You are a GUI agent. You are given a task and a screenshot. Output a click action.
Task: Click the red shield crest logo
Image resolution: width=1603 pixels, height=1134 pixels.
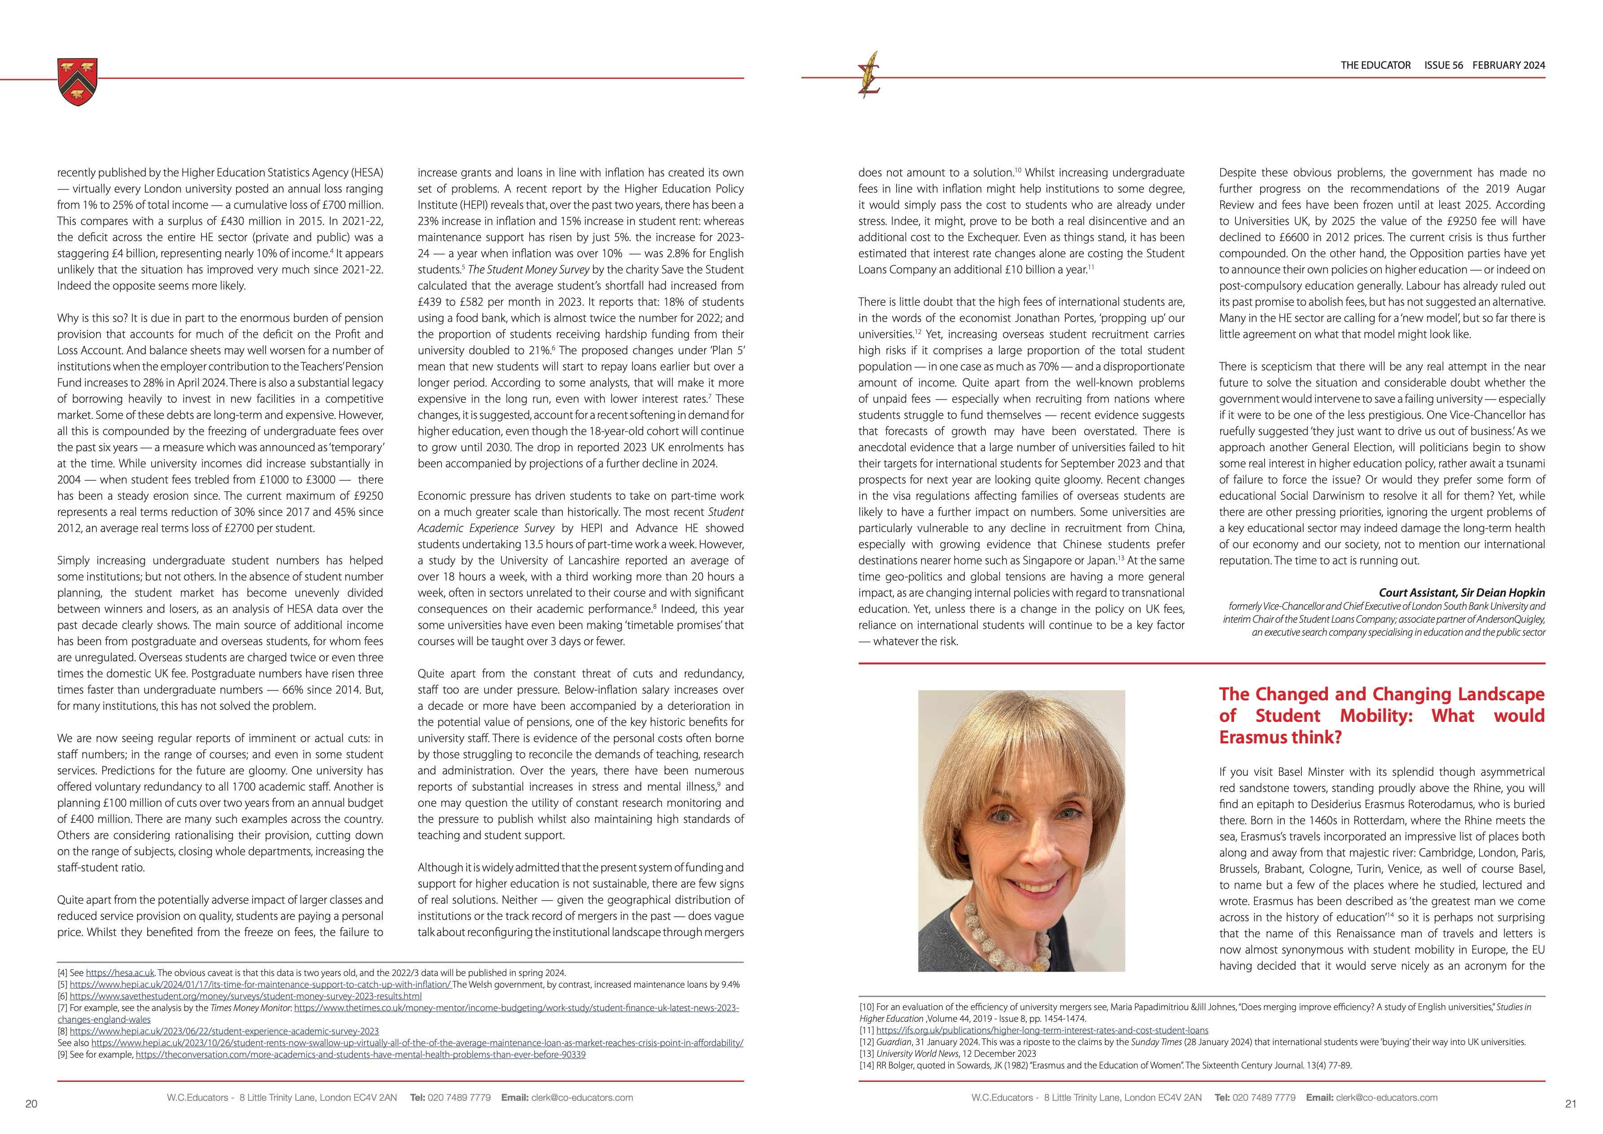point(78,82)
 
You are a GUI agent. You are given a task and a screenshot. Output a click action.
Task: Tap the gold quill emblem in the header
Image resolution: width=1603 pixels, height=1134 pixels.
point(870,75)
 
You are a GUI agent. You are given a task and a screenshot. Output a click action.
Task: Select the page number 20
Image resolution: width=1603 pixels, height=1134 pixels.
point(31,1104)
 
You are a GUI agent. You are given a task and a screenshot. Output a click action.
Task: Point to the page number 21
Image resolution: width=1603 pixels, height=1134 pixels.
point(1571,1104)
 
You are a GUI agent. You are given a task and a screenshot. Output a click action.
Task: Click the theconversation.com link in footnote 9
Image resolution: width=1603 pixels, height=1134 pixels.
point(361,1055)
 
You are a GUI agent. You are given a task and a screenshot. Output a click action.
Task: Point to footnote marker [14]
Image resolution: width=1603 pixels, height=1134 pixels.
point(867,1066)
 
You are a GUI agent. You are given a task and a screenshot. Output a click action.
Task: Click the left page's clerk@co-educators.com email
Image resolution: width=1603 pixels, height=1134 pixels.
point(582,1098)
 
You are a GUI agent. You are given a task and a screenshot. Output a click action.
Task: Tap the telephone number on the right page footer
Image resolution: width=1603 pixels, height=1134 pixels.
point(1264,1098)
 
